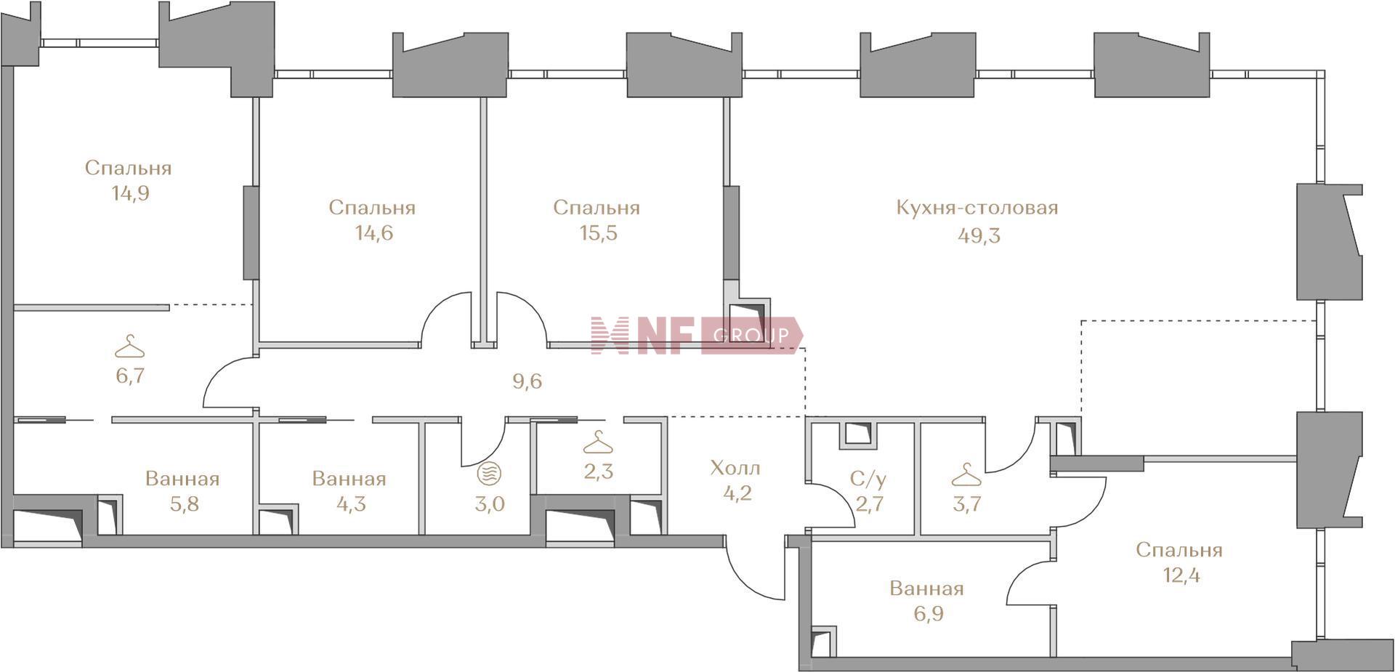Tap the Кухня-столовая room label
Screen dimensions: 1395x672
(977, 208)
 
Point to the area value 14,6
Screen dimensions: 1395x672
(372, 233)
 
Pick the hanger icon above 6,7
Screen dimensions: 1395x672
(129, 347)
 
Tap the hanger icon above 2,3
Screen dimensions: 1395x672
(598, 442)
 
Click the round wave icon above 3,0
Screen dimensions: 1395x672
(488, 474)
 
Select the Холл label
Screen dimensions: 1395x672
(735, 467)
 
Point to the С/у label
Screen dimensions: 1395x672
(868, 479)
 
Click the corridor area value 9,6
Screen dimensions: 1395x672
(527, 381)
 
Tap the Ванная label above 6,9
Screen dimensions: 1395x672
(926, 588)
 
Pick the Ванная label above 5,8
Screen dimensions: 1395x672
(182, 479)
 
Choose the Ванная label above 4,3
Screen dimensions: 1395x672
(349, 479)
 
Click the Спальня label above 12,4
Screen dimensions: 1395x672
(1179, 550)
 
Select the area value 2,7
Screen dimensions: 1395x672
(869, 504)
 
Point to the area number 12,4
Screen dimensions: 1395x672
(1180, 576)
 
